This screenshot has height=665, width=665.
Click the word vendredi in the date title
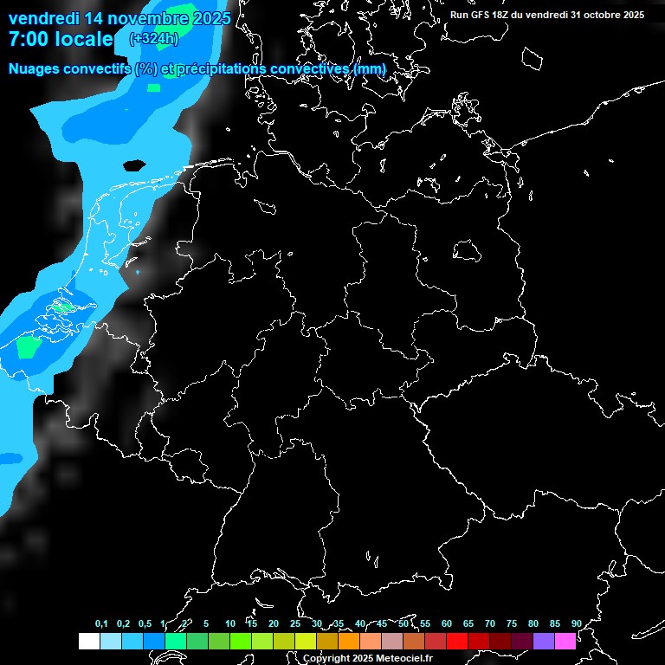[44, 17]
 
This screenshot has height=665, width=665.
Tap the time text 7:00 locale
[61, 39]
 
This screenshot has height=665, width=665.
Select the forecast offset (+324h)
[154, 38]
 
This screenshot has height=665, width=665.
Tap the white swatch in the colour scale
[88, 641]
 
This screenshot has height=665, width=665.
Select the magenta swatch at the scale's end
[565, 641]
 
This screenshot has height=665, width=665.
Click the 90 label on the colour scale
[576, 623]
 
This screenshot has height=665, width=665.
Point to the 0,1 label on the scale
[101, 623]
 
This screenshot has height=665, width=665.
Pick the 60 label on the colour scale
[446, 623]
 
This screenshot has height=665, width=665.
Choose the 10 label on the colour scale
[229, 623]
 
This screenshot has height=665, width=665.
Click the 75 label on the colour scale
[511, 623]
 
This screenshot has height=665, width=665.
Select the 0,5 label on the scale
[145, 623]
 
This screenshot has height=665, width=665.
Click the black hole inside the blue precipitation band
[134, 165]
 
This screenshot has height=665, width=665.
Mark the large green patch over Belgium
[29, 346]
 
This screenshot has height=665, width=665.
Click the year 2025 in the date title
[210, 17]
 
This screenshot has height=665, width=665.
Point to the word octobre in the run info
[603, 15]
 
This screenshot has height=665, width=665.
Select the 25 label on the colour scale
[294, 623]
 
